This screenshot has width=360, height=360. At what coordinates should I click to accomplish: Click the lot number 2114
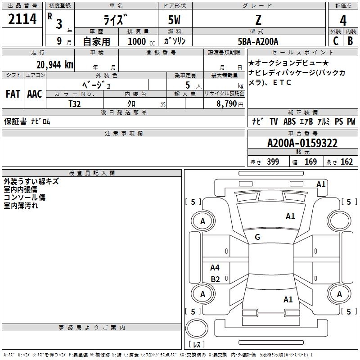(22, 20)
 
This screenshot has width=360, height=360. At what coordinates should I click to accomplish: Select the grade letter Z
(258, 20)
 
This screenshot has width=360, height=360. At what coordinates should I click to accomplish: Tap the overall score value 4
(343, 21)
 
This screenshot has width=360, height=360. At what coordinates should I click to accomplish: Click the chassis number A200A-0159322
(302, 144)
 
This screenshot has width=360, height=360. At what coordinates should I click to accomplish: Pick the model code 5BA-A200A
(258, 41)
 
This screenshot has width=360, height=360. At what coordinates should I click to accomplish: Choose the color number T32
(74, 103)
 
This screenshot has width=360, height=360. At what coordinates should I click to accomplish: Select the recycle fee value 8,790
(227, 103)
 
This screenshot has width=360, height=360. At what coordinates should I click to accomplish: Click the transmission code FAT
(13, 94)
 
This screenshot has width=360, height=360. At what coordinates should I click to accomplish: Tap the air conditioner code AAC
(34, 94)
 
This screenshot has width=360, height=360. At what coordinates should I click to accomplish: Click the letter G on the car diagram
(257, 237)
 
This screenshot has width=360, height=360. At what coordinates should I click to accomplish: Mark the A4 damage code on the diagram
(215, 268)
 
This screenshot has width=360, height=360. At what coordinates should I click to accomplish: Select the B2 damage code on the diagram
(215, 279)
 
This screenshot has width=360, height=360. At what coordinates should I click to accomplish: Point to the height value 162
(346, 162)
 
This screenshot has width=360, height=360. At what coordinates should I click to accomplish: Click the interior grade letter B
(350, 41)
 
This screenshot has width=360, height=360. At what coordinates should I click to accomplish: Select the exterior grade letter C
(335, 41)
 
